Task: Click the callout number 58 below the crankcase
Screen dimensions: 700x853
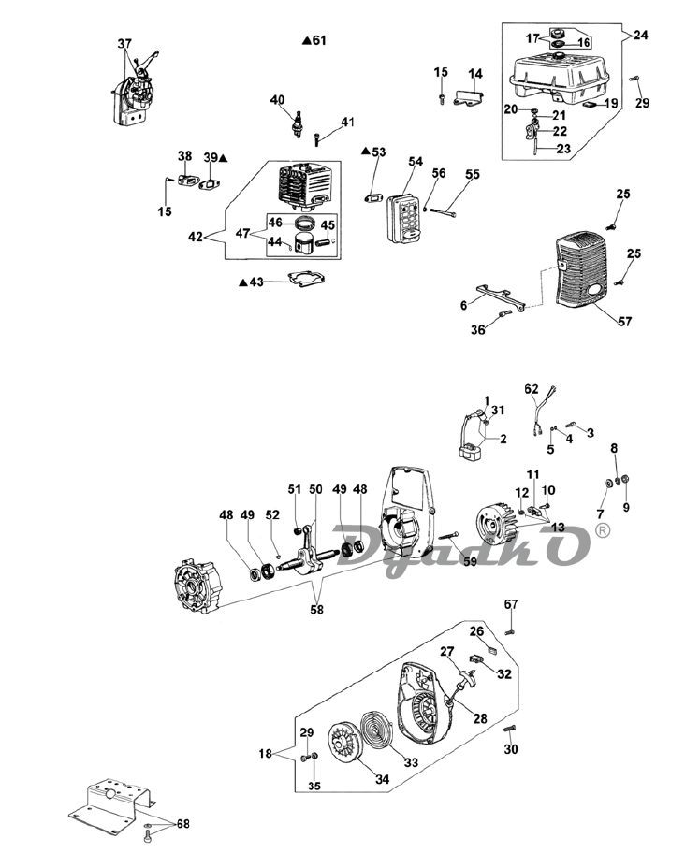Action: pos(317,609)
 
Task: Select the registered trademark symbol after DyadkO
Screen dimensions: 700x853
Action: pos(603,531)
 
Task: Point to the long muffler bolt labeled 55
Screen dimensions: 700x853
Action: pos(445,211)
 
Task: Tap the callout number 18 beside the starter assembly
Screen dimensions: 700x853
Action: pos(265,754)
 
